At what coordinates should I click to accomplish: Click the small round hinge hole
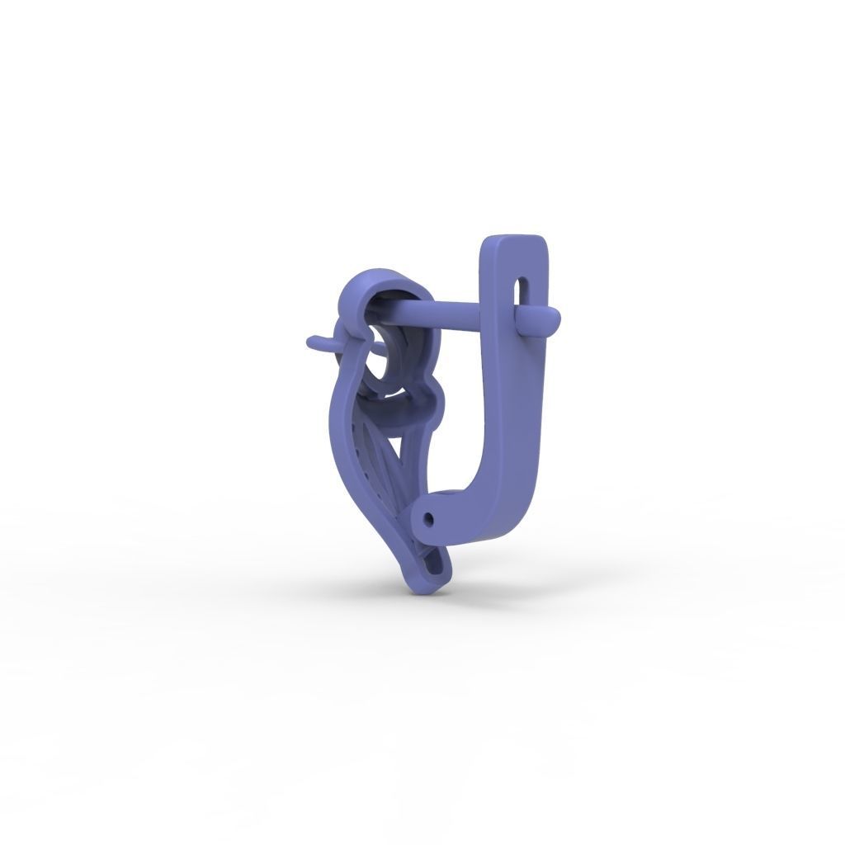[x=428, y=519]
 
